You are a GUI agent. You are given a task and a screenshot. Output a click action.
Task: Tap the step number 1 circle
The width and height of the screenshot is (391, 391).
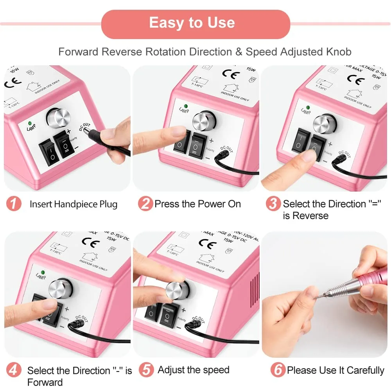click(x=14, y=204)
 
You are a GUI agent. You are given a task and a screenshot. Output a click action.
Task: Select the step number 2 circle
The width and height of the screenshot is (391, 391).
click(x=145, y=204)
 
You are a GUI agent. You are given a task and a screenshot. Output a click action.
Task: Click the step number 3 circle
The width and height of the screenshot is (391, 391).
click(x=273, y=204)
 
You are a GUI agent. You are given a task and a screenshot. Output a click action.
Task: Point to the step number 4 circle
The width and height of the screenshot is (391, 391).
click(x=14, y=370)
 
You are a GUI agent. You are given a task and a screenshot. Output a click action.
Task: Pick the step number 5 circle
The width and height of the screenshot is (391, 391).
click(x=146, y=370)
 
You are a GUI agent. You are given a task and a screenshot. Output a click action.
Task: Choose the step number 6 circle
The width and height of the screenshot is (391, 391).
click(x=278, y=370)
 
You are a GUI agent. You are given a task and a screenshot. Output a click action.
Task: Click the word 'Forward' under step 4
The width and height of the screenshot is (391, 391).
click(x=45, y=382)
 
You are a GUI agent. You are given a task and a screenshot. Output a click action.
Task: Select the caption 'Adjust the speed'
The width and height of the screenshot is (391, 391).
click(x=194, y=370)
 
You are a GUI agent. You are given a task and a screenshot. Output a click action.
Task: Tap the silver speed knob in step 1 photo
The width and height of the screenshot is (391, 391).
click(x=58, y=117)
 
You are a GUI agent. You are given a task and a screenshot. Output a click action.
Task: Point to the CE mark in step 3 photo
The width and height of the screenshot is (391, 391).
click(x=356, y=78)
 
